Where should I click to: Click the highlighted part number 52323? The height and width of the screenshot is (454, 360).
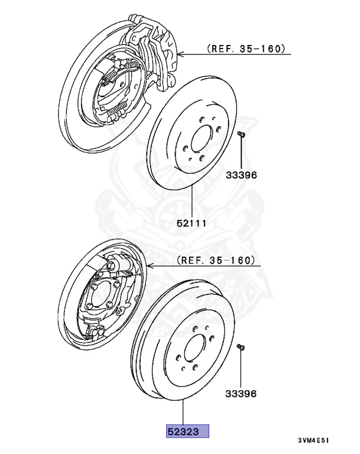[x=187, y=430]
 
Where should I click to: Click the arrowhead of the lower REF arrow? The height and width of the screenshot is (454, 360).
[x=150, y=267]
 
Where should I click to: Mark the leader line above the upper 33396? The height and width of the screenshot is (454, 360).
[x=241, y=154]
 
